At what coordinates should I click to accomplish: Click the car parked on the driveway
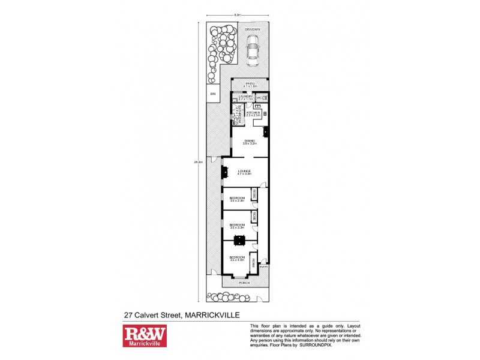253,50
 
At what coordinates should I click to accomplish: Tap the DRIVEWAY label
252,28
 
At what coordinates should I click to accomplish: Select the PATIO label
250,83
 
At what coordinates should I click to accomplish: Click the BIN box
212,94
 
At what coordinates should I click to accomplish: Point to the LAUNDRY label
246,96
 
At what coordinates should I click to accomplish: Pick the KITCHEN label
253,113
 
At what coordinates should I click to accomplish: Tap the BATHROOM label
238,112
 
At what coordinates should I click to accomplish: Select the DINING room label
249,141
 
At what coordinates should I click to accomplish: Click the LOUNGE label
244,171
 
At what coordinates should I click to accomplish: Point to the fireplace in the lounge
224,173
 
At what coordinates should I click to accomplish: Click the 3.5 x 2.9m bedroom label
238,197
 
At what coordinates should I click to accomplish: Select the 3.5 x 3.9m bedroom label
238,225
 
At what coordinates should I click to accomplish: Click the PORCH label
244,282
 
